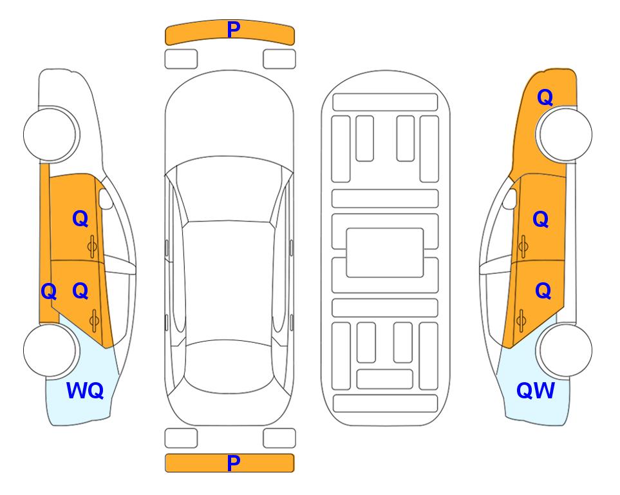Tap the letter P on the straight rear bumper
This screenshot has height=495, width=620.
click(x=233, y=463)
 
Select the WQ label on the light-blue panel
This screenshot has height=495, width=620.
click(x=85, y=391)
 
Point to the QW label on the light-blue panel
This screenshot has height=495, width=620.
click(x=536, y=391)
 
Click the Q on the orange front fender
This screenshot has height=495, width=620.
click(x=545, y=97)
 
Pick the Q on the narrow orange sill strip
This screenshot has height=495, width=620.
click(x=49, y=291)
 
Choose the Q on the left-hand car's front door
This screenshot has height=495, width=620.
click(x=80, y=218)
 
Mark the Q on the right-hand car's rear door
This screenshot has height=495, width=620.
click(x=543, y=291)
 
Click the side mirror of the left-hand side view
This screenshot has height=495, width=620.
click(x=106, y=199)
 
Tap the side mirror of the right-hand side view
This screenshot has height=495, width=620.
click(x=510, y=199)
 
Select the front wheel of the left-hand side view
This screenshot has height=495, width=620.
click(x=50, y=134)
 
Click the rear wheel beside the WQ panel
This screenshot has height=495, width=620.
click(x=50, y=350)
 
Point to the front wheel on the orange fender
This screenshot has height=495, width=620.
click(x=566, y=134)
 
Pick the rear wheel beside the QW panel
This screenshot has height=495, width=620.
click(x=566, y=350)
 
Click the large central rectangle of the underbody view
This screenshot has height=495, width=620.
click(x=385, y=253)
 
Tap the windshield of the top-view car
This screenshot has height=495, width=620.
click(x=229, y=189)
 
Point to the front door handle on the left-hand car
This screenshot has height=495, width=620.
click(x=92, y=247)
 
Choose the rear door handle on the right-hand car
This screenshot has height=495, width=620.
click(x=521, y=321)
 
